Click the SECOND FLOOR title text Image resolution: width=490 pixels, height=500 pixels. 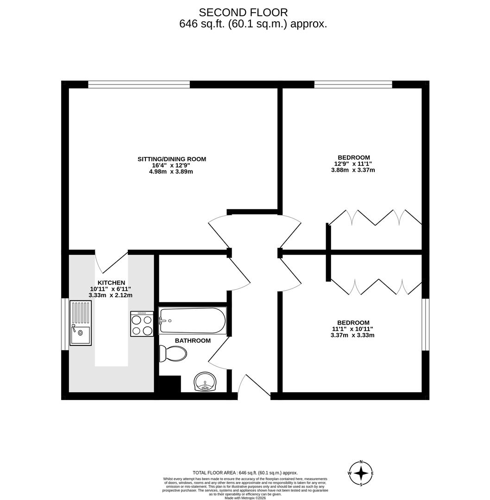point(243,12)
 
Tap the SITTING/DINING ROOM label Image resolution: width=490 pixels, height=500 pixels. point(171,159)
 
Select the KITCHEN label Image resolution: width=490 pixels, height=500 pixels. point(111,282)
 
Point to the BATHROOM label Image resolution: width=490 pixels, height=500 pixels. point(193,341)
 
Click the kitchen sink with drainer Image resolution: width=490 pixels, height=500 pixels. point(81,323)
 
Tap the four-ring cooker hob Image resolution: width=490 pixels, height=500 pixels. point(142,324)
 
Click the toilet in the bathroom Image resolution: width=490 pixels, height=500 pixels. point(173,354)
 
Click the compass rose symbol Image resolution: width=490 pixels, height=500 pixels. point(361,473)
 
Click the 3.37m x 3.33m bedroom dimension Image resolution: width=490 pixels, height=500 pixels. point(352,335)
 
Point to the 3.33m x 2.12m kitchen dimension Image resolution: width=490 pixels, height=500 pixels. point(111,295)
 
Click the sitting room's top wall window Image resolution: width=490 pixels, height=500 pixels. point(139,84)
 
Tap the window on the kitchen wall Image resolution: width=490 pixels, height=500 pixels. point(64,324)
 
